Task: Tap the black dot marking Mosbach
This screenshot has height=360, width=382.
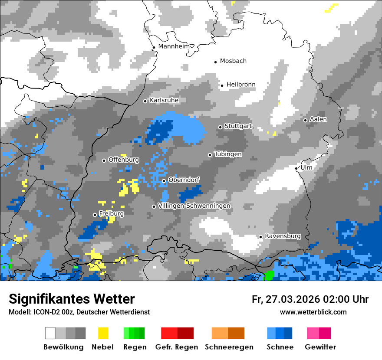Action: (x=215, y=62)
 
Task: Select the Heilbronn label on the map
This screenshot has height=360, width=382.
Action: (x=241, y=85)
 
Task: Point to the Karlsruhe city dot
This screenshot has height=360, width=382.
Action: (x=145, y=101)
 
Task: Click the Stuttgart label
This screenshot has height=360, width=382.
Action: (x=238, y=126)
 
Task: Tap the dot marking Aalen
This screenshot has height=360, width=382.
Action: (x=305, y=120)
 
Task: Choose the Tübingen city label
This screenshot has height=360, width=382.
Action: (x=228, y=154)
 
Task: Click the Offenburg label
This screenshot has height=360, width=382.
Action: (x=124, y=160)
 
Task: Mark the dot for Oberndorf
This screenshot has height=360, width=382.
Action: (x=164, y=181)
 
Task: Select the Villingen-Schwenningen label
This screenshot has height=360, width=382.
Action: (x=194, y=206)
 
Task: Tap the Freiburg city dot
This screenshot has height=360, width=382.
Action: (x=95, y=215)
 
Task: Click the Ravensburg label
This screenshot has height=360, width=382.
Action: (x=283, y=236)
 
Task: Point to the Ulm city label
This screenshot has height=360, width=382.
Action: (x=306, y=167)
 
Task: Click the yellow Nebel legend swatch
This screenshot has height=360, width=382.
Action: (x=103, y=333)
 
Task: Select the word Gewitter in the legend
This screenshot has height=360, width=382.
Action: (x=320, y=347)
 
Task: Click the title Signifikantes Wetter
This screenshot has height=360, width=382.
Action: (x=72, y=299)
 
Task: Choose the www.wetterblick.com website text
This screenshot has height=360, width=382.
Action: (x=313, y=312)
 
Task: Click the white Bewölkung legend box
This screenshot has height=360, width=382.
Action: (x=50, y=333)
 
